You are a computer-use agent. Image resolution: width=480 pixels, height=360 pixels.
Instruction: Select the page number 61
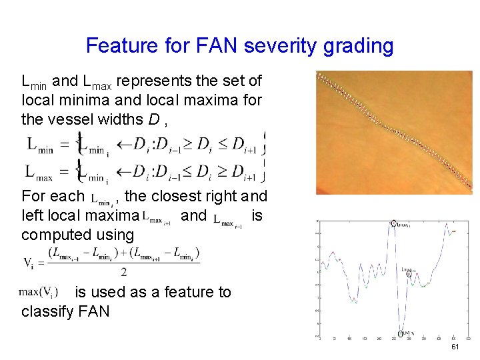click(455, 347)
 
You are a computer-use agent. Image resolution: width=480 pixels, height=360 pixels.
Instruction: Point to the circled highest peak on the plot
click(393, 224)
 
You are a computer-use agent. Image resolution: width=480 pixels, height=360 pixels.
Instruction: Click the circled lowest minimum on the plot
click(401, 333)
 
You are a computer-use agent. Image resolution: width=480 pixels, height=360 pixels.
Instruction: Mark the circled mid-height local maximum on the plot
click(409, 273)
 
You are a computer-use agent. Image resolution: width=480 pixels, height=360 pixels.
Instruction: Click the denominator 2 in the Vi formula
click(123, 271)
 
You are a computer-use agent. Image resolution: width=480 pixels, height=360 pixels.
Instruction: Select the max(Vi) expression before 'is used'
click(39, 292)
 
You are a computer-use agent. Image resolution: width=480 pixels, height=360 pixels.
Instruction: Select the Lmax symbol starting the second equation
click(41, 172)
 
